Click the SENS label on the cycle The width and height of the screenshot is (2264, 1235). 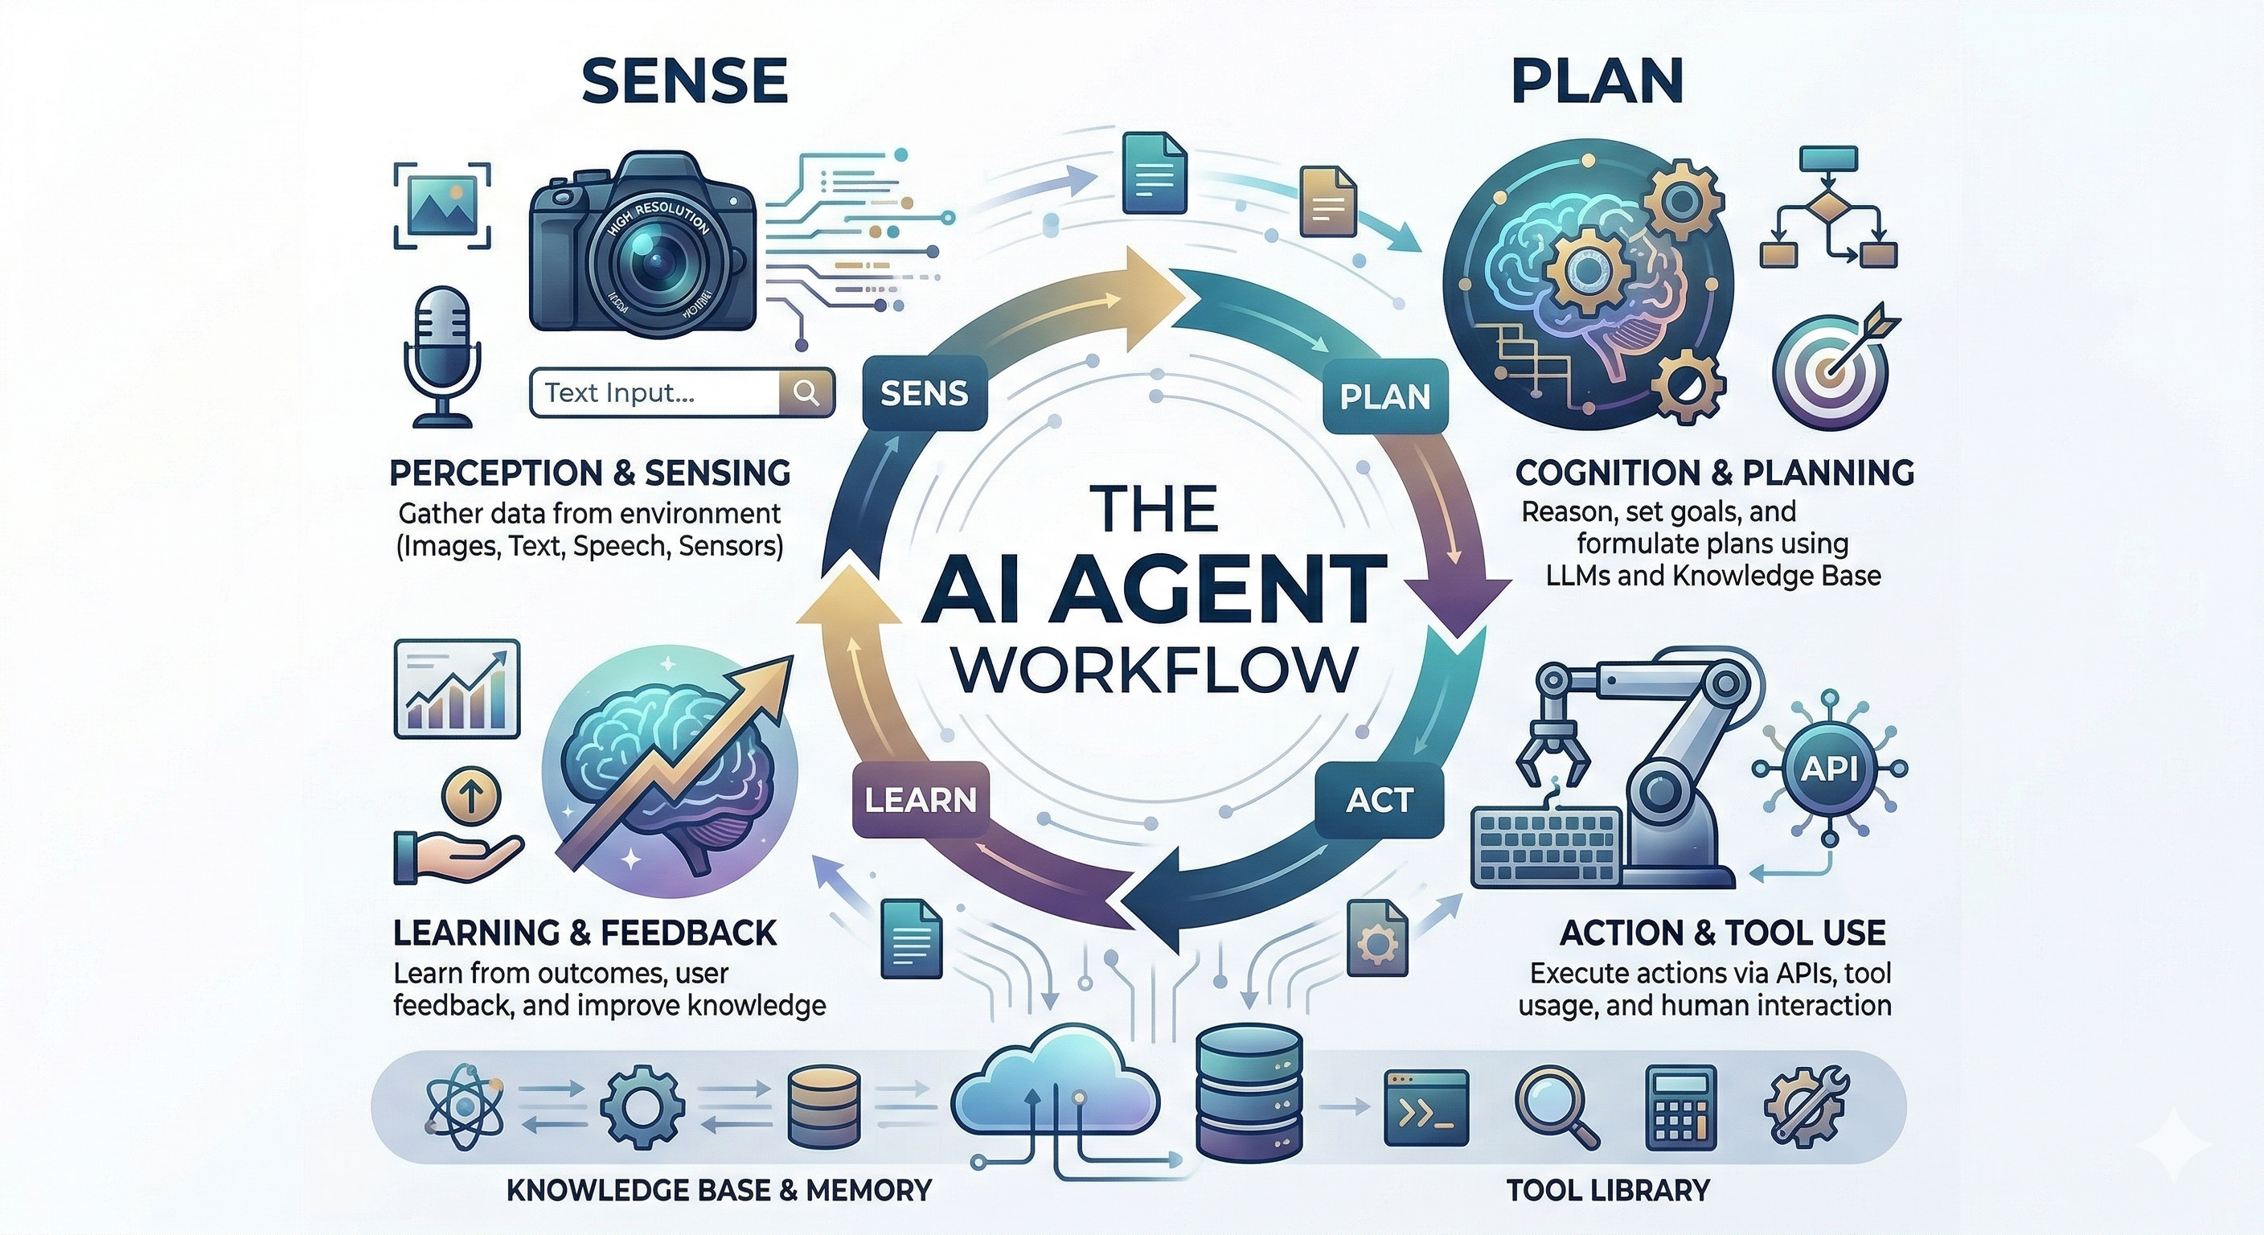(924, 393)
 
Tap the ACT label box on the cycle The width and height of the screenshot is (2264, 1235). (1379, 800)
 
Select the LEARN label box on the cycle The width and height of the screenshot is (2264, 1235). (921, 800)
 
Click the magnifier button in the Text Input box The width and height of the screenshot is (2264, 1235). (806, 392)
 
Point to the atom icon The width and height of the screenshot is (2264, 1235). (463, 1106)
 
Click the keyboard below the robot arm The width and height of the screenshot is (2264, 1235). (1547, 844)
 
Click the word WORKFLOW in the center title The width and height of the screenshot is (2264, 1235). (1155, 671)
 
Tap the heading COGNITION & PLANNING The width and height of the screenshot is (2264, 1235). (1715, 473)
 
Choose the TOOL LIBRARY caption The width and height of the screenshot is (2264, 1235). (1607, 1190)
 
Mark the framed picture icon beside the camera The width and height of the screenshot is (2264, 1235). (441, 206)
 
